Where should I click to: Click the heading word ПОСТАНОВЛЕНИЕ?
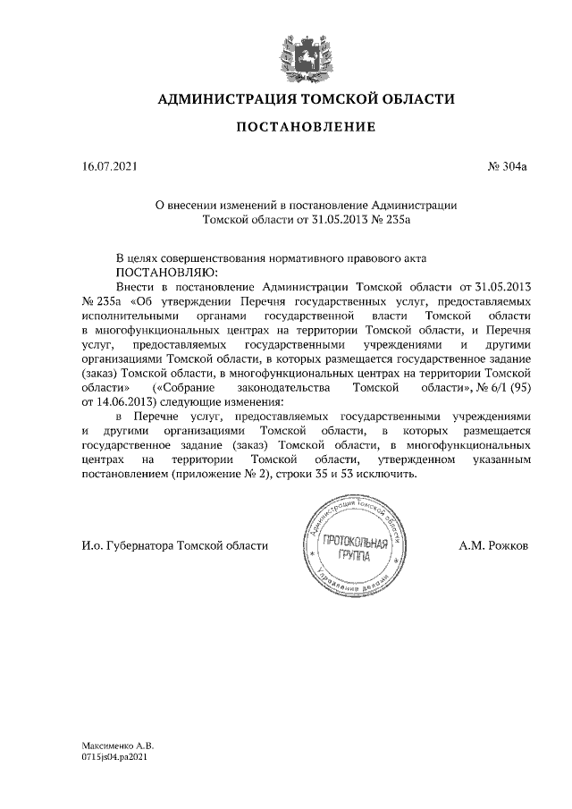[305, 128]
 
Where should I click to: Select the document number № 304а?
[508, 166]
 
